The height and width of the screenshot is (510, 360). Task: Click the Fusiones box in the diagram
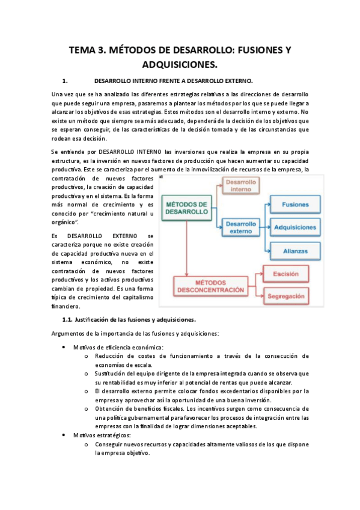pos(294,204)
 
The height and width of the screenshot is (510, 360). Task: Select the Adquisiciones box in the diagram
pos(294,227)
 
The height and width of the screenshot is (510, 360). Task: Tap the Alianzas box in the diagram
pos(294,250)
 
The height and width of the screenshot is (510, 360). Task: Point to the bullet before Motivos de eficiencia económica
pos(64,348)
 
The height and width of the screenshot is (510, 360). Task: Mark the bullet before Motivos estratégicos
pos(64,435)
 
